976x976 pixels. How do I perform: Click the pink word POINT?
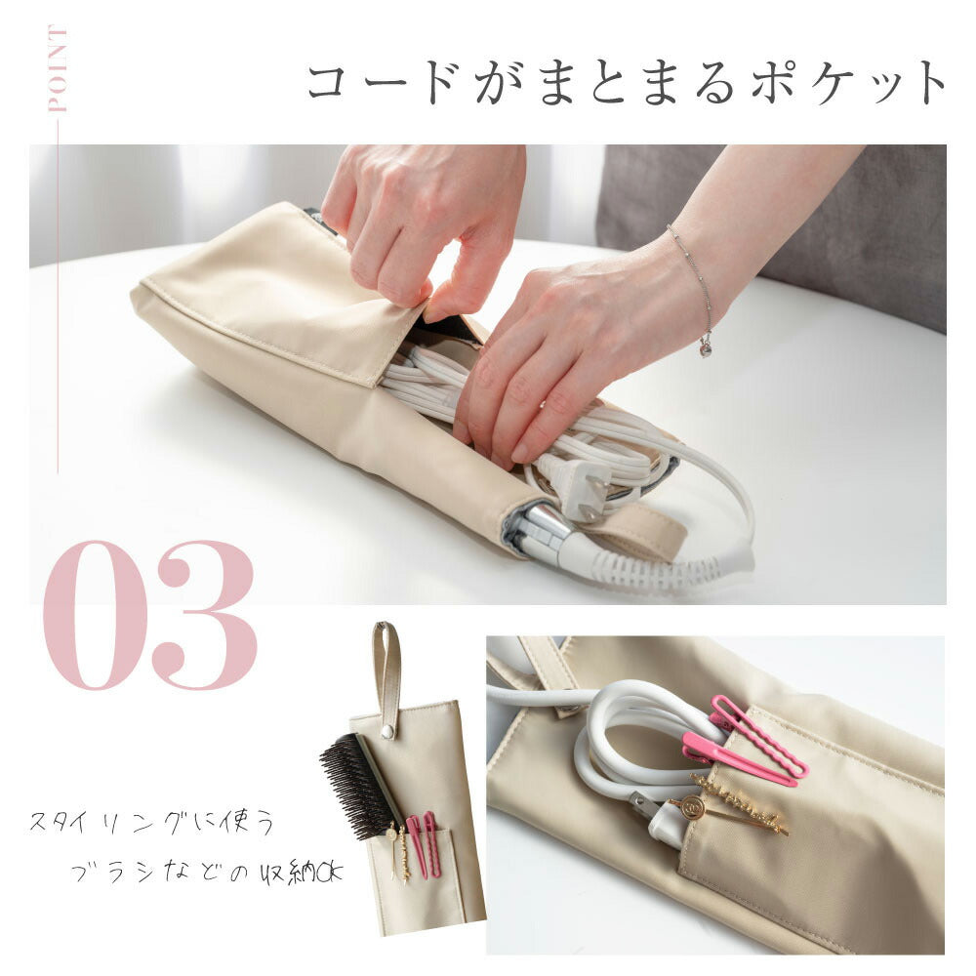pyautogui.click(x=58, y=68)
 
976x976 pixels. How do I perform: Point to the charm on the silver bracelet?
pyautogui.click(x=706, y=348)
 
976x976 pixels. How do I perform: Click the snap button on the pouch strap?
pyautogui.click(x=387, y=731)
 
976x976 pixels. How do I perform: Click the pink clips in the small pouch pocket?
pyautogui.click(x=422, y=843)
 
